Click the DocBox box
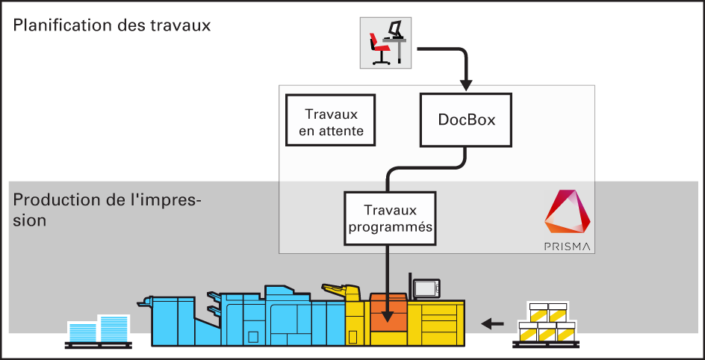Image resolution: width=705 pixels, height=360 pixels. click(466, 120)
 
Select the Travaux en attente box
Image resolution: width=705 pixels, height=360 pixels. click(330, 120)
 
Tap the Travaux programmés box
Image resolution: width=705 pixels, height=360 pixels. click(391, 218)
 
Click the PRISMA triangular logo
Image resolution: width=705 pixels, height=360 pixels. click(568, 212)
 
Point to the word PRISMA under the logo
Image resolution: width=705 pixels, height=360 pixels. click(568, 246)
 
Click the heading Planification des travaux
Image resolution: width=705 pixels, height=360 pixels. click(112, 25)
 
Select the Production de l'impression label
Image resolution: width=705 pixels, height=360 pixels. click(107, 209)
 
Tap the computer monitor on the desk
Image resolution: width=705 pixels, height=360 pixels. click(395, 30)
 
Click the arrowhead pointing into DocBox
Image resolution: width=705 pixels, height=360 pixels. click(466, 84)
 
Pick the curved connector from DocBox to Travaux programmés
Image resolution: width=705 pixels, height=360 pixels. click(426, 168)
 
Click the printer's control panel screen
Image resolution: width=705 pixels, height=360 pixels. click(426, 288)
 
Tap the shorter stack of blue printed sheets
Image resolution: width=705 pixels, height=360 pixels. click(82, 332)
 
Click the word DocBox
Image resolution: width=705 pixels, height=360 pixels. click(466, 120)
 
